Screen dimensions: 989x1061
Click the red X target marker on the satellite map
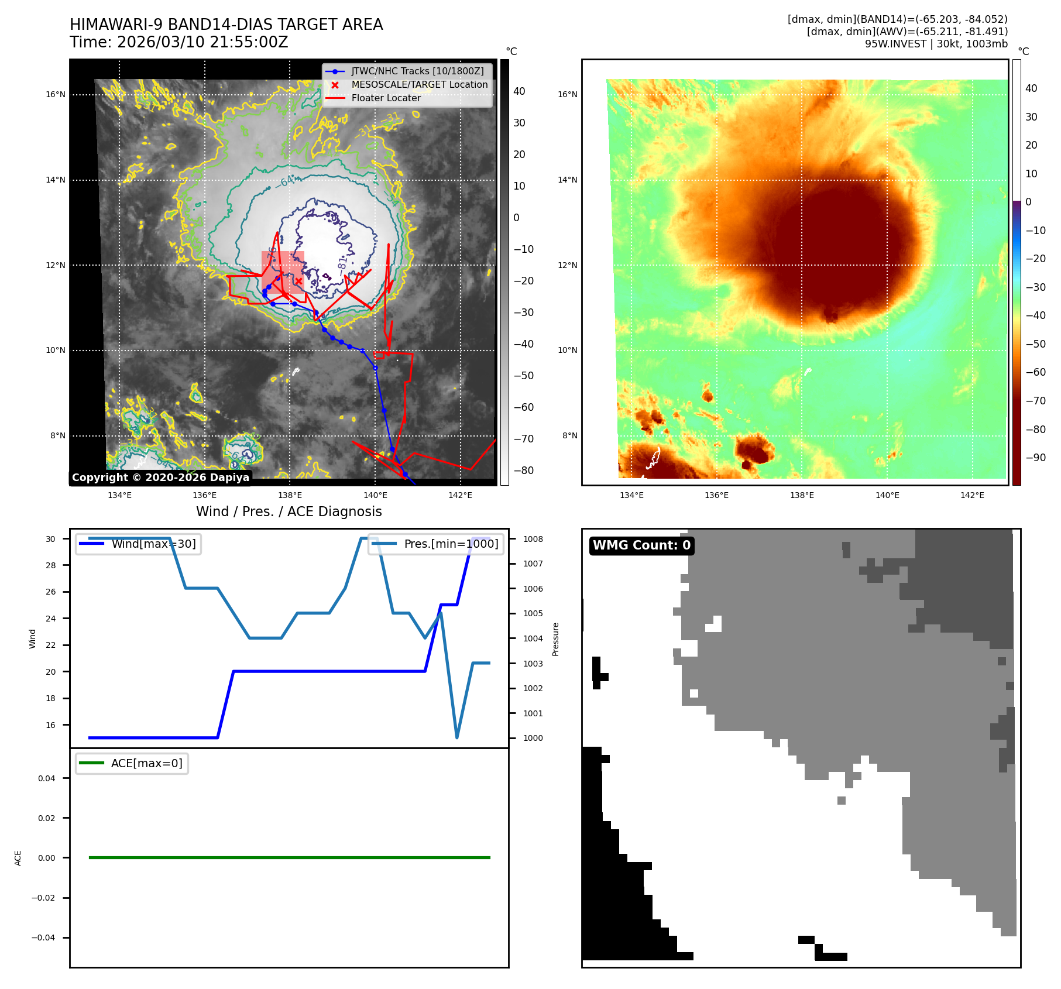tap(298, 281)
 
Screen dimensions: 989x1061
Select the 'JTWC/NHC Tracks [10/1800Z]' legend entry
tap(417, 71)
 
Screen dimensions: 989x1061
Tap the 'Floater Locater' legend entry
tap(386, 98)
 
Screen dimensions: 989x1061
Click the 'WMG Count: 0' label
tap(641, 545)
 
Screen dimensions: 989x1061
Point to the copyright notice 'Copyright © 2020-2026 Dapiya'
tap(160, 478)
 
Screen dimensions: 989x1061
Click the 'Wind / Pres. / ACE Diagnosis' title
tap(289, 511)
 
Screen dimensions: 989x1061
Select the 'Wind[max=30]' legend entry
tap(153, 544)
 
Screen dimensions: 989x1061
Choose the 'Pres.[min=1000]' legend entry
tap(451, 544)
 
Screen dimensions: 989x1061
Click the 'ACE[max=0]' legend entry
tap(146, 763)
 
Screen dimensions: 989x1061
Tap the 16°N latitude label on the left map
tap(56, 94)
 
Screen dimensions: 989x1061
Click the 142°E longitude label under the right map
tap(972, 495)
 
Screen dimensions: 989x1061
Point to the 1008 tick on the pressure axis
tap(533, 539)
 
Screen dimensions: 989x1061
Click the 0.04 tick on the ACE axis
tap(47, 778)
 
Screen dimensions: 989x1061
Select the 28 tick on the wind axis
tap(51, 565)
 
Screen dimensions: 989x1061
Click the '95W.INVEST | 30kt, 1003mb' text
tap(936, 44)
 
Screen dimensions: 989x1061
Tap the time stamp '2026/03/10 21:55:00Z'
tap(202, 42)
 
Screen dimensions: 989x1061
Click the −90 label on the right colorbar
tap(1035, 458)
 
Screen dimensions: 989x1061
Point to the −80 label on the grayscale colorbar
tap(523, 471)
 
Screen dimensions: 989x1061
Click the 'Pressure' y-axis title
tap(555, 639)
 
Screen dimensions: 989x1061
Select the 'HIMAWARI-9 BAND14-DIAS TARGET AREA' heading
tap(226, 25)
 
